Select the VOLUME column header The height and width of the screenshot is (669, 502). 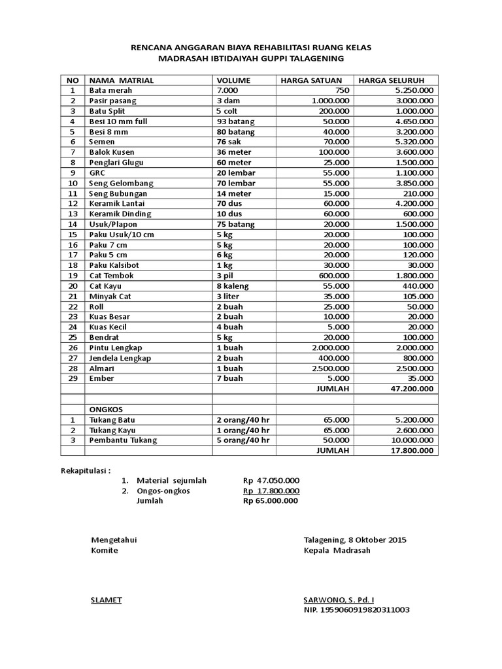tap(233, 80)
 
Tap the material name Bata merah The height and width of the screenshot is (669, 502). tap(109, 90)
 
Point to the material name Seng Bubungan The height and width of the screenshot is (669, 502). tap(118, 193)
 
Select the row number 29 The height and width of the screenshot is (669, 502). tap(73, 378)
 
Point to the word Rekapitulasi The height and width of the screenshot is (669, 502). tap(86, 470)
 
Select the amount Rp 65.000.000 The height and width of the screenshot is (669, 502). tap(271, 501)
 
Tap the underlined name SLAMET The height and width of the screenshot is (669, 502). tap(106, 600)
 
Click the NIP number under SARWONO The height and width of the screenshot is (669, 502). tap(356, 610)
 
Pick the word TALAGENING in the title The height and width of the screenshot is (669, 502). tap(313, 58)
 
